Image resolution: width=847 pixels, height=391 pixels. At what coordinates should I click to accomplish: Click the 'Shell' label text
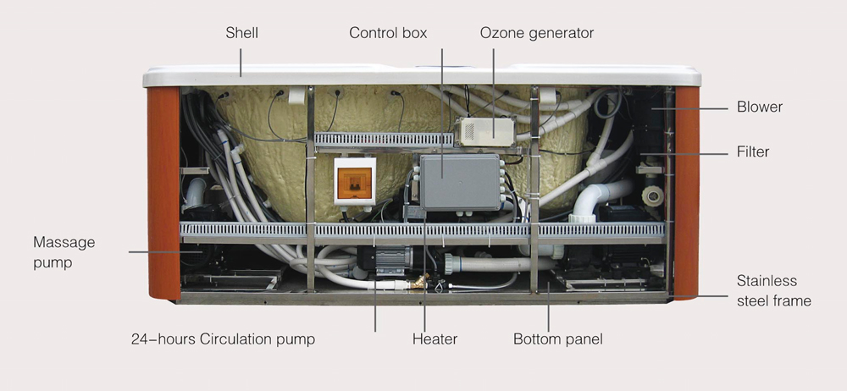(x=241, y=34)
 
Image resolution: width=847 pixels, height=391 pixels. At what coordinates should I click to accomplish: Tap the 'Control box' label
(x=388, y=34)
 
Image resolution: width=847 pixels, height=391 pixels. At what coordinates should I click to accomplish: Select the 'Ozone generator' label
(x=537, y=34)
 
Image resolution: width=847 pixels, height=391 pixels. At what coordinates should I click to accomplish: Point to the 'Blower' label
(x=760, y=107)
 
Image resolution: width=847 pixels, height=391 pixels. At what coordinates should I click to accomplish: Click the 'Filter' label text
(x=754, y=152)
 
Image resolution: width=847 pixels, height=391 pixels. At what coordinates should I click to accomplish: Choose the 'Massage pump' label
(x=64, y=252)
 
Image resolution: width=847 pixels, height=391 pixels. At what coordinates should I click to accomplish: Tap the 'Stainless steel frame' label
(x=774, y=290)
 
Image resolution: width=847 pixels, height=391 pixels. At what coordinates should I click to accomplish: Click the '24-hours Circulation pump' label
(x=223, y=339)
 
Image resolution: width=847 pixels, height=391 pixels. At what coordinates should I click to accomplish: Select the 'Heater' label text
(x=435, y=339)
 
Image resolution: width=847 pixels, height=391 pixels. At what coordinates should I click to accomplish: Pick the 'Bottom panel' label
(x=557, y=339)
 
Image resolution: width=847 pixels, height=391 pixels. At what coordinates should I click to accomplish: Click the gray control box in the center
(x=460, y=180)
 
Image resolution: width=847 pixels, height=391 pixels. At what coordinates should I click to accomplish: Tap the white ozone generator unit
(x=489, y=129)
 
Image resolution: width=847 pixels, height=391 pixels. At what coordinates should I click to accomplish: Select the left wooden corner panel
(x=163, y=190)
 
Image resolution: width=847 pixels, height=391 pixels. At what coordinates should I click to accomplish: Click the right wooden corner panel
(x=686, y=190)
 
